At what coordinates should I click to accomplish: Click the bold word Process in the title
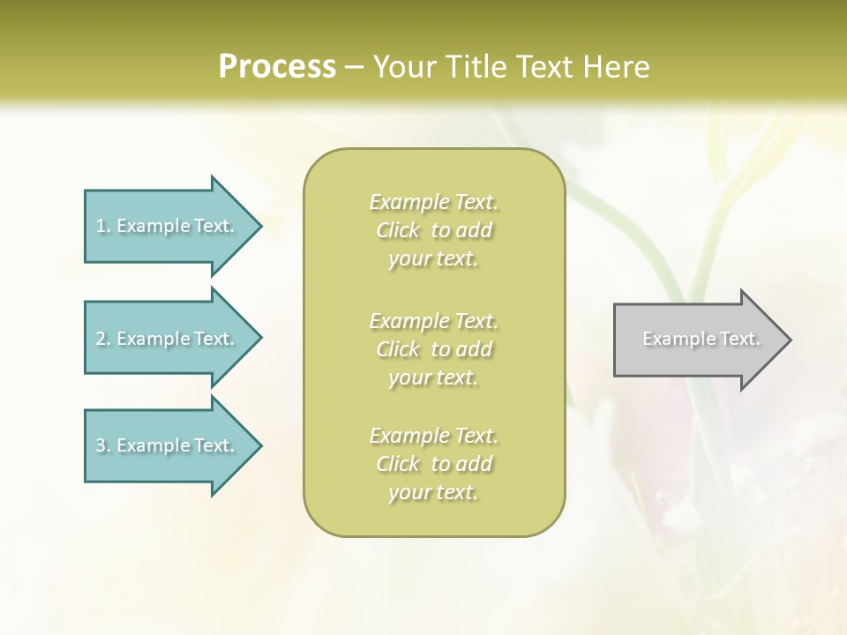point(277,67)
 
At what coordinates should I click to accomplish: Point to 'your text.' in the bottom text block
point(433,493)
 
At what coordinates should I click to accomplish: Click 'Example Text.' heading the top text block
point(433,202)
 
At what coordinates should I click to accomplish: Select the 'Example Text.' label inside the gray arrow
point(701,339)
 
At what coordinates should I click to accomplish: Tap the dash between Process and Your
point(355,67)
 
